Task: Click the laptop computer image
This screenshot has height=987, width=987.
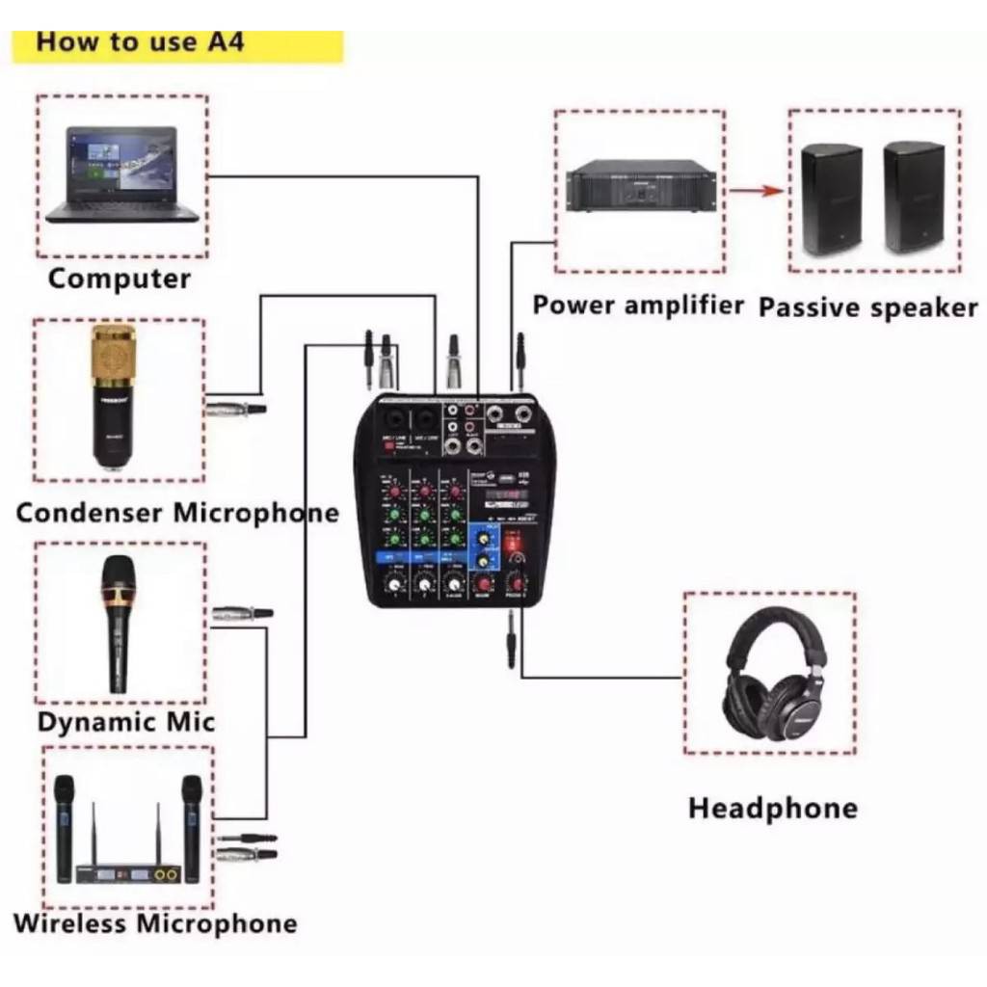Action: click(122, 174)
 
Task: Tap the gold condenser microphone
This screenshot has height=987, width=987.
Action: click(114, 395)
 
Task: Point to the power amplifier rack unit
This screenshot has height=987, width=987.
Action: click(640, 188)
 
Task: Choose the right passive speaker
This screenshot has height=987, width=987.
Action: click(914, 197)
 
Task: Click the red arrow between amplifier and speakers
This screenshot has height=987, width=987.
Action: click(755, 191)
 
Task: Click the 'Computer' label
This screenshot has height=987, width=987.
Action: click(120, 280)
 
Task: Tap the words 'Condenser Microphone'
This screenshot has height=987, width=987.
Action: click(177, 513)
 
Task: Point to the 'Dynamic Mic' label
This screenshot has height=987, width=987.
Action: click(126, 722)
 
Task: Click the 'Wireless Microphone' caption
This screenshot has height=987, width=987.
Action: click(155, 923)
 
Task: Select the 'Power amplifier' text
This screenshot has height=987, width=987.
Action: click(638, 306)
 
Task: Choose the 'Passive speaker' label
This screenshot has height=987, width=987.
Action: click(867, 307)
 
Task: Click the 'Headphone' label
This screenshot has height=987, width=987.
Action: click(772, 808)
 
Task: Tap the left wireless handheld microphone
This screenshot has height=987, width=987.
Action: click(64, 827)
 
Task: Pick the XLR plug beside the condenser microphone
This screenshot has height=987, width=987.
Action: click(235, 409)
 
